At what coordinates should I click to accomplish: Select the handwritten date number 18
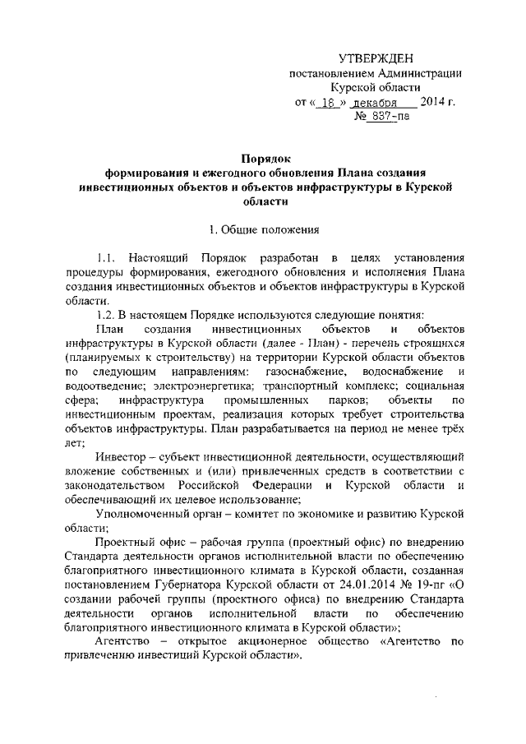click(x=327, y=104)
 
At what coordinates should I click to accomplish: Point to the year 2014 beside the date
click(x=433, y=103)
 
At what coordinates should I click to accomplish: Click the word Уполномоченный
click(x=140, y=515)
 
